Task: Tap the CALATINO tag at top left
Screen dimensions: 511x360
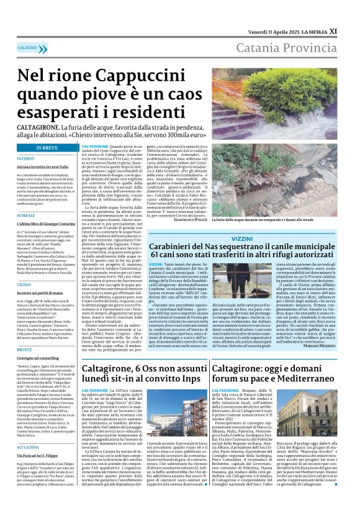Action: tap(27, 47)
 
